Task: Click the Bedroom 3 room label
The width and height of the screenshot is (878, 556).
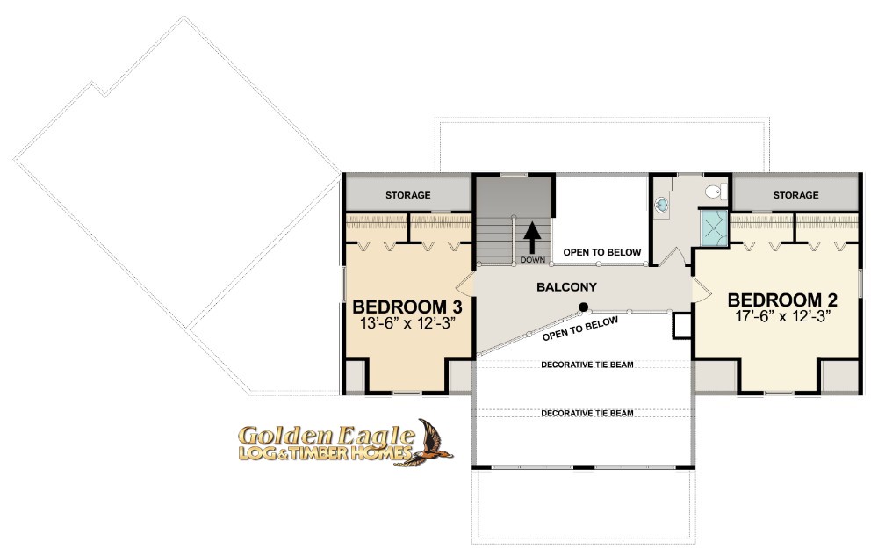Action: point(407,307)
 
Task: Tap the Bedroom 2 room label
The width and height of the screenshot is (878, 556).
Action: point(782,300)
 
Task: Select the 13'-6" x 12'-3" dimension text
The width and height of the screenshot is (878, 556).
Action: point(407,323)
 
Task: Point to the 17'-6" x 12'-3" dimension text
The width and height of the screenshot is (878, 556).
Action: point(782,316)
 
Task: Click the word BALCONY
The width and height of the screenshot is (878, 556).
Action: point(566,287)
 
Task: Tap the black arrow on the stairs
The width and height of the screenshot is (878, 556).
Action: point(532,237)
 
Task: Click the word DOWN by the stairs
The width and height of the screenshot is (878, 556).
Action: point(533,260)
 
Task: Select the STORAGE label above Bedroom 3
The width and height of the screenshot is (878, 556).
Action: point(407,195)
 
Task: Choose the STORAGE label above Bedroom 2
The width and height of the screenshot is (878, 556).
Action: point(795,195)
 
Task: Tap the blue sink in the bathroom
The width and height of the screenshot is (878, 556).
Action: point(661,205)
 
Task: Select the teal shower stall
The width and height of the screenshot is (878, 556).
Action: point(714,227)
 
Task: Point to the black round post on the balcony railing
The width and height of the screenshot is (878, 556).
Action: point(584,307)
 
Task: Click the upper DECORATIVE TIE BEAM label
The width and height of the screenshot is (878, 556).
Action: point(587,365)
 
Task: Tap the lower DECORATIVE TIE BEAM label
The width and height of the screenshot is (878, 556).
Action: point(587,413)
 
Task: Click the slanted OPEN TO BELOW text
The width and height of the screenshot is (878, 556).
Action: point(580,329)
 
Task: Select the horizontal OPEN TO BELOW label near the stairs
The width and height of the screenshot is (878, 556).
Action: point(602,252)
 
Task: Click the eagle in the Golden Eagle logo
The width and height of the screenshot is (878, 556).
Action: point(430,443)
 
